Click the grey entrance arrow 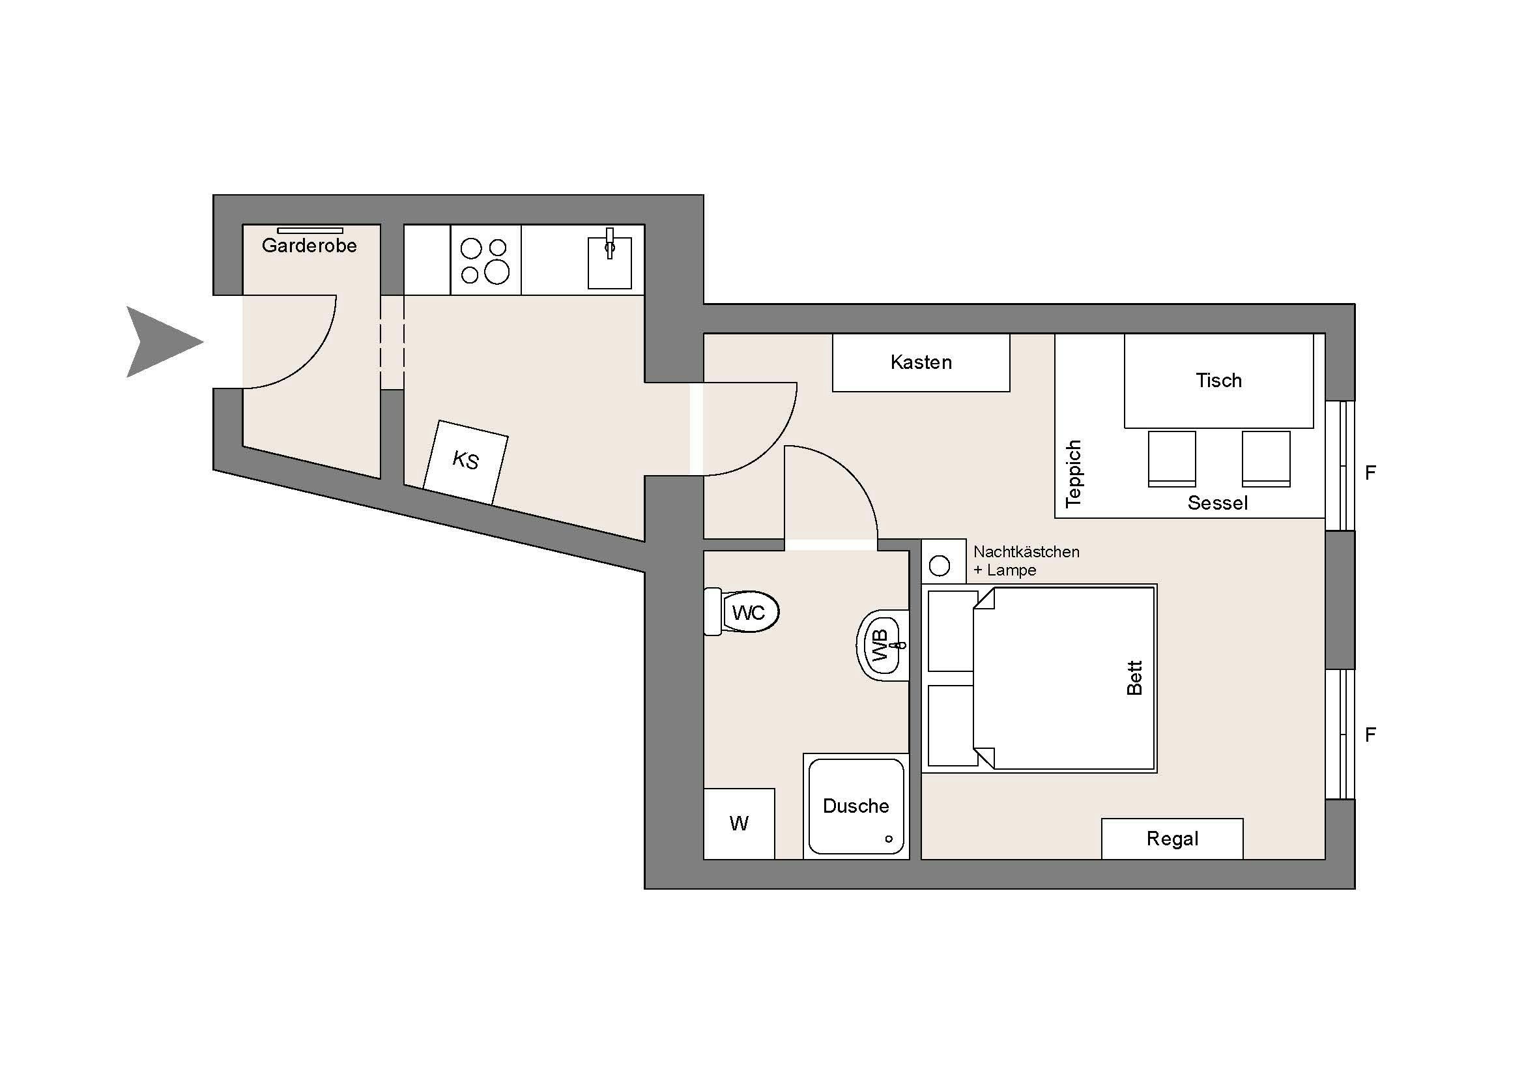(159, 343)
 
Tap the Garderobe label (309, 246)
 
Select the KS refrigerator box (465, 462)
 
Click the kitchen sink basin (609, 263)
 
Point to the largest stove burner (497, 272)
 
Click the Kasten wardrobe (921, 362)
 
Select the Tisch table (1218, 381)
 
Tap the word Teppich (1073, 474)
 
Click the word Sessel (1217, 503)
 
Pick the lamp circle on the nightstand (940, 566)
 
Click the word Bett (1134, 678)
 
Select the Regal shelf (1172, 839)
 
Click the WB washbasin (883, 645)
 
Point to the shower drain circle (889, 839)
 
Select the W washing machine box (739, 824)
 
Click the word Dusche (855, 806)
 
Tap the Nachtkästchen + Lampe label (1026, 561)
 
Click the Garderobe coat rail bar (310, 230)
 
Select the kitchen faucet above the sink (609, 243)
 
